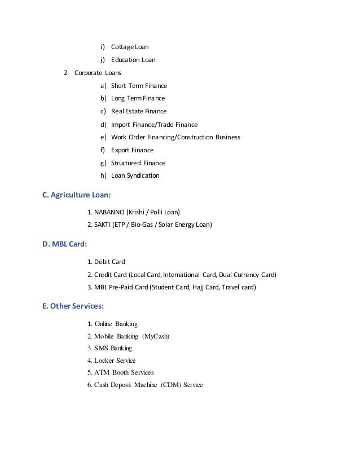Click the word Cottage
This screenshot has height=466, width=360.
pyautogui.click(x=122, y=46)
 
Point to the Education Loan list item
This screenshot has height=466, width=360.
pyautogui.click(x=133, y=60)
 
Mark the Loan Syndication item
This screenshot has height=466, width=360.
pyautogui.click(x=135, y=175)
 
